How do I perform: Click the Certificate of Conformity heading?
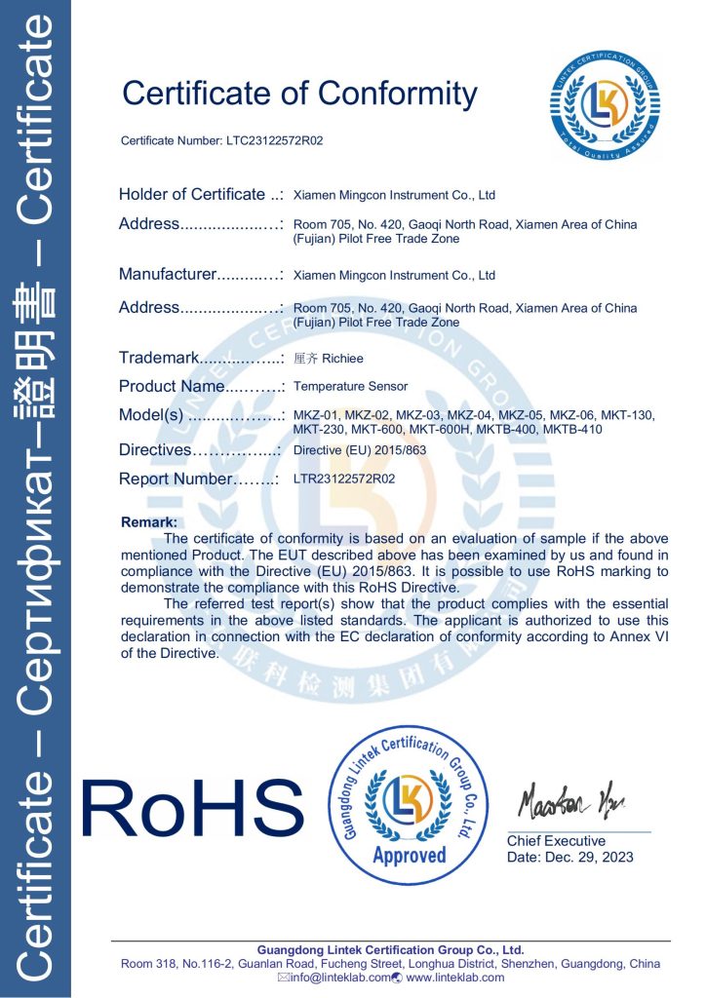click(299, 94)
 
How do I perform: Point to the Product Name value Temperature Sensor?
click(350, 387)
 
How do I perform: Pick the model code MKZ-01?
click(315, 416)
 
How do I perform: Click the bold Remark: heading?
click(148, 523)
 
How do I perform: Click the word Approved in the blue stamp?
click(409, 856)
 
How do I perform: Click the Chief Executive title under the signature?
click(556, 841)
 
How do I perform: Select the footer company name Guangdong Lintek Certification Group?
click(390, 950)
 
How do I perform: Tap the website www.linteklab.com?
click(455, 978)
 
